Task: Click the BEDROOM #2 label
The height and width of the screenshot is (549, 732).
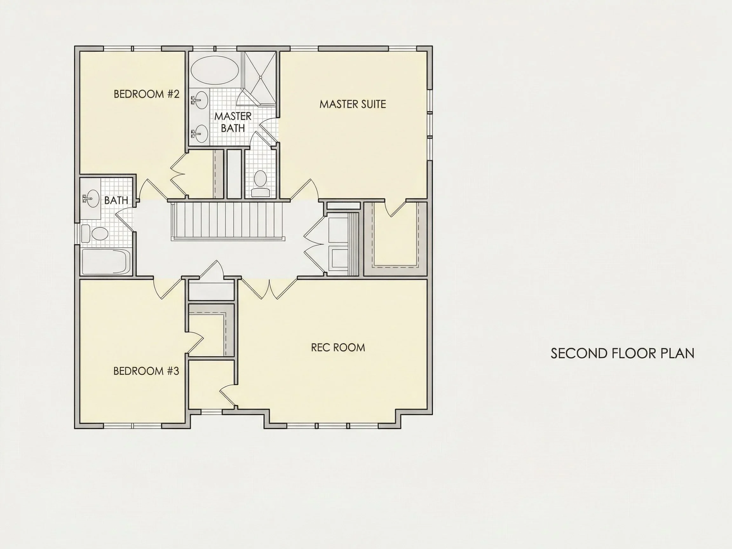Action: (146, 94)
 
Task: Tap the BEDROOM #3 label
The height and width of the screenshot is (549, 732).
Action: (146, 371)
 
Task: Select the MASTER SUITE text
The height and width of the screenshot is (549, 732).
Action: (353, 104)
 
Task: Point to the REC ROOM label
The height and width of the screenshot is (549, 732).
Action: (338, 348)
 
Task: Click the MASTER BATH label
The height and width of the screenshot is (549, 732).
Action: (233, 122)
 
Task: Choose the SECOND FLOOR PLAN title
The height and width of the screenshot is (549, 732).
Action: (622, 353)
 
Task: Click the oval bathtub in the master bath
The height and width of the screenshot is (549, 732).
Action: (215, 70)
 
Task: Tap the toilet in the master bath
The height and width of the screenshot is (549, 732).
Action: (261, 184)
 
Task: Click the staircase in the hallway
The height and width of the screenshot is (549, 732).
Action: (228, 220)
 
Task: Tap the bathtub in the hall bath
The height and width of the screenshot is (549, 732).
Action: (106, 262)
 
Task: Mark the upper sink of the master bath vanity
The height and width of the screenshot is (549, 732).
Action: (200, 100)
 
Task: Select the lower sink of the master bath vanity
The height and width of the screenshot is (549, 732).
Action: (200, 134)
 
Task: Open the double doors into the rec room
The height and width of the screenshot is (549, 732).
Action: (269, 289)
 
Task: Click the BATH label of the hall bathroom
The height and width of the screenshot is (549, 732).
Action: (116, 200)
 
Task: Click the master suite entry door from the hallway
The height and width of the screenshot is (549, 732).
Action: (304, 190)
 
